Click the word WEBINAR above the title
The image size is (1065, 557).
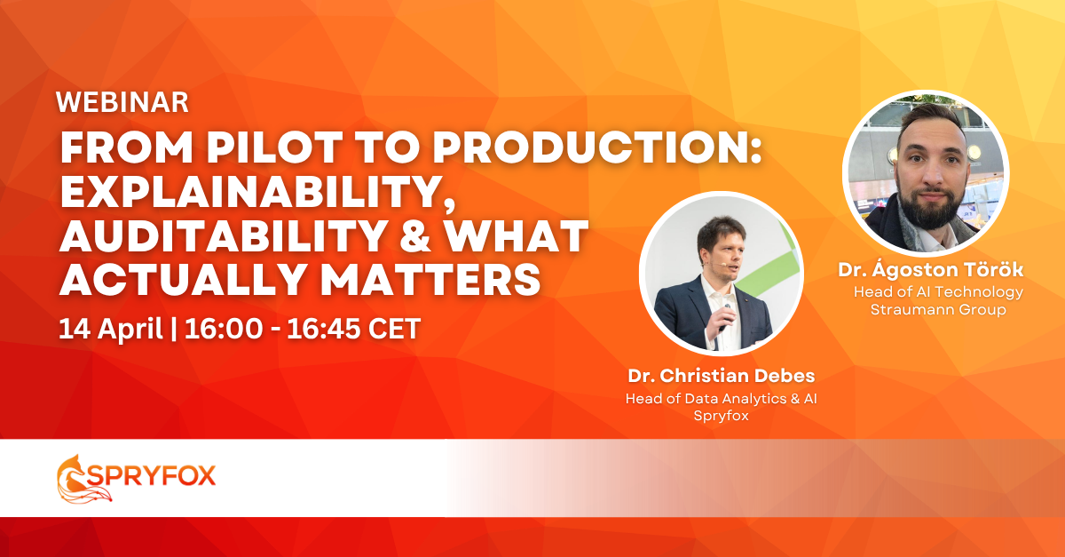click(x=122, y=102)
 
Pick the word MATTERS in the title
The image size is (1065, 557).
click(x=430, y=280)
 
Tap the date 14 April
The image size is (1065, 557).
click(x=110, y=329)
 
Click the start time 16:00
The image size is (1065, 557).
click(x=224, y=329)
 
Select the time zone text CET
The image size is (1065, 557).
click(x=394, y=329)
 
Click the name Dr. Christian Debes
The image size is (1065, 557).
click(x=722, y=376)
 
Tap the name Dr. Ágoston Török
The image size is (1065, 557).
click(x=930, y=269)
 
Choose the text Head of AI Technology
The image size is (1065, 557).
click(x=938, y=292)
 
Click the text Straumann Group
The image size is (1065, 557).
click(x=938, y=309)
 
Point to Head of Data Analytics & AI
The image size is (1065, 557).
click(x=722, y=399)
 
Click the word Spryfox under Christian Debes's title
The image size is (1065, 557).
click(x=722, y=416)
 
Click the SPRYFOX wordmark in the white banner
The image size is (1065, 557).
click(x=151, y=475)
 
